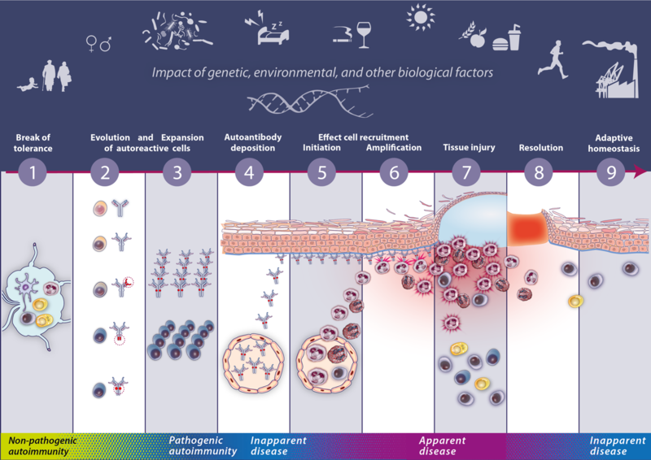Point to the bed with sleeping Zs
pos(265,31)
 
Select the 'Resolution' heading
pos(542,148)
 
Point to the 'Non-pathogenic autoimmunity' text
pos(37,445)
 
